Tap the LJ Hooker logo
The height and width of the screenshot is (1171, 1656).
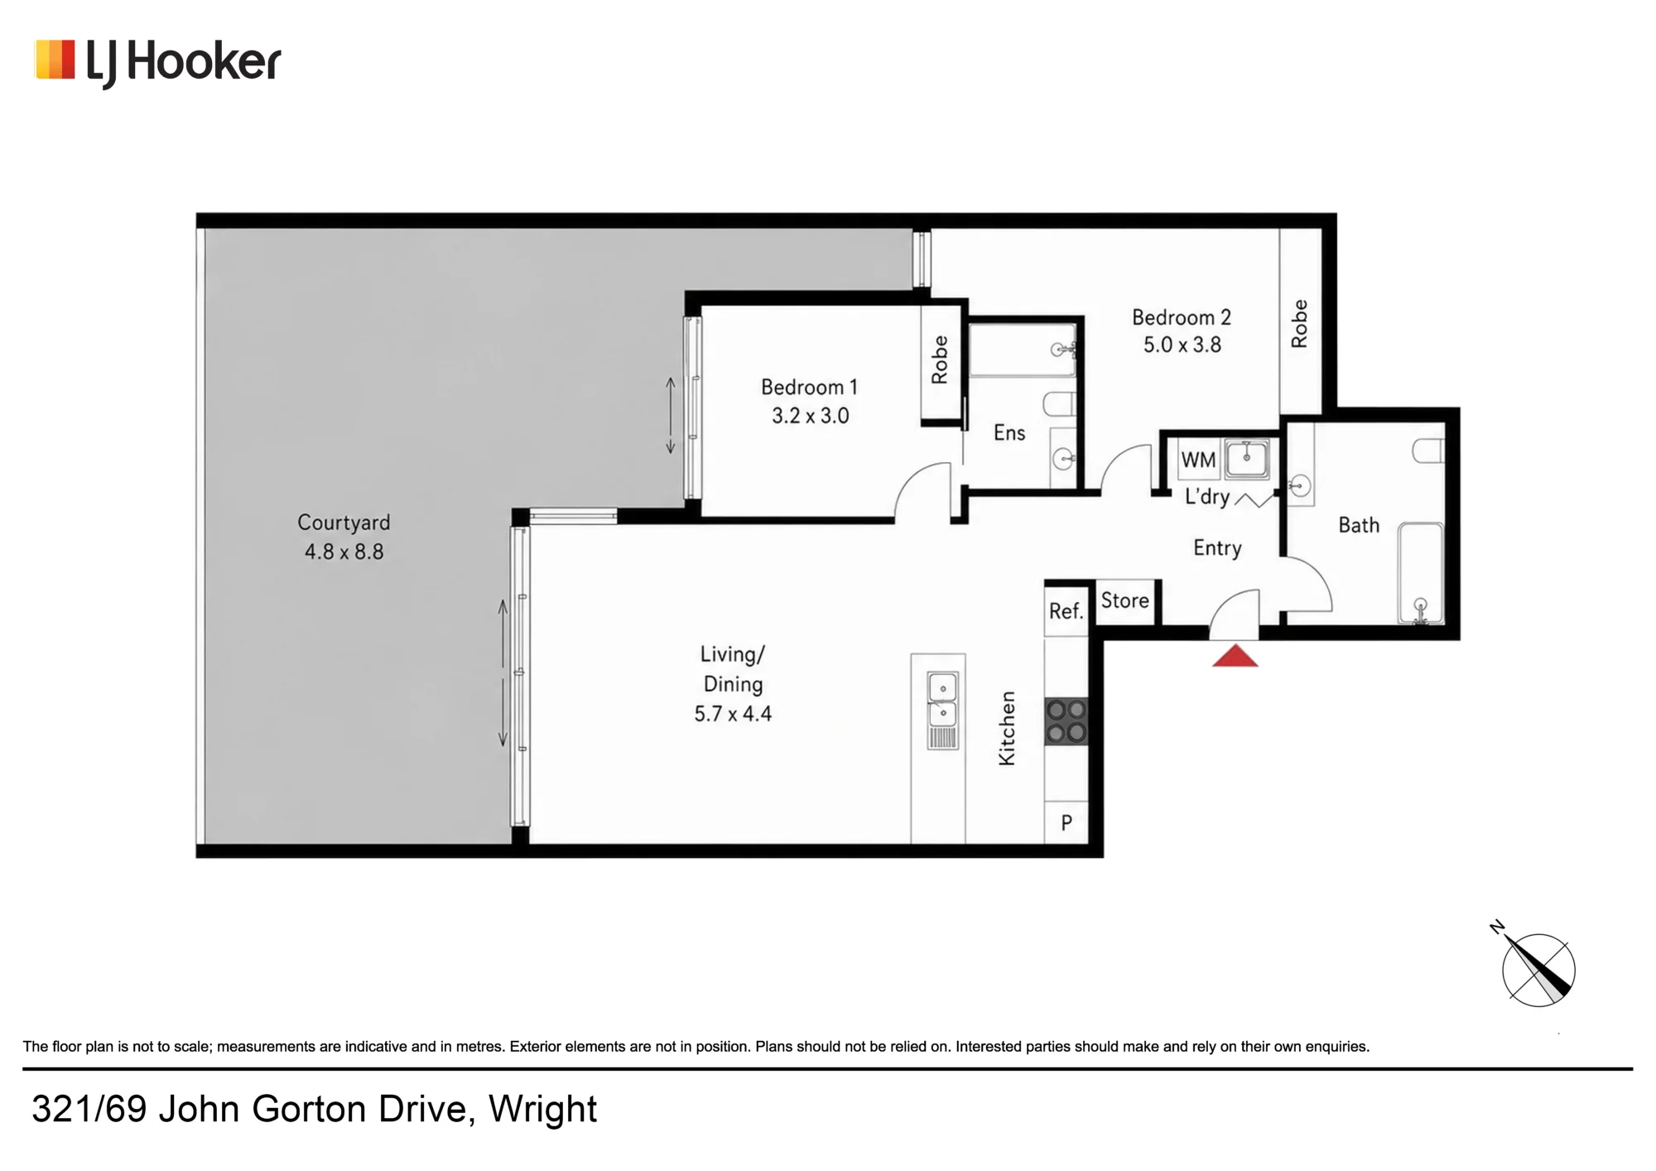(x=157, y=63)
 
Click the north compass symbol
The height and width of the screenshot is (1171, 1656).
(x=1538, y=967)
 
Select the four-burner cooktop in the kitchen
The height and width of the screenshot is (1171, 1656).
(x=1066, y=721)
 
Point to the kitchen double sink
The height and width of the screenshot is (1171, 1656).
(x=942, y=711)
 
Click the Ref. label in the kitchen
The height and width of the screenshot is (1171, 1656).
(x=1066, y=611)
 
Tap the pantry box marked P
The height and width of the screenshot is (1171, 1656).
(x=1066, y=822)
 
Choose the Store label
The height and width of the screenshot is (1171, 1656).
(x=1124, y=600)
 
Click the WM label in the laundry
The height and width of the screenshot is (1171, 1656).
(x=1198, y=460)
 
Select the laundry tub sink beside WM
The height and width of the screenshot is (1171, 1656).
(x=1247, y=459)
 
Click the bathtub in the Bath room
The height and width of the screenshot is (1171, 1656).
(x=1421, y=572)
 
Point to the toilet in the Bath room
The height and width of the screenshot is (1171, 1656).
(x=1428, y=451)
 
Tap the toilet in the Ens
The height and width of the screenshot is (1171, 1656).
(x=1059, y=404)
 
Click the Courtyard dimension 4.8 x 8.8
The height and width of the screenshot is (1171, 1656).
(x=344, y=552)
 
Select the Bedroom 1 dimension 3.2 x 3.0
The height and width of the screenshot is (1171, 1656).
(x=811, y=416)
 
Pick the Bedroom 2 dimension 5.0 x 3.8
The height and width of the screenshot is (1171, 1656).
(x=1182, y=345)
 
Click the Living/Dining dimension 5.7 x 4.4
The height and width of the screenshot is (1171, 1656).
(x=733, y=714)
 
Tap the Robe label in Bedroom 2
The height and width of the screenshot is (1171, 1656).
(x=1299, y=324)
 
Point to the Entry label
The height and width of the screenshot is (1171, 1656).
(x=1217, y=548)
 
